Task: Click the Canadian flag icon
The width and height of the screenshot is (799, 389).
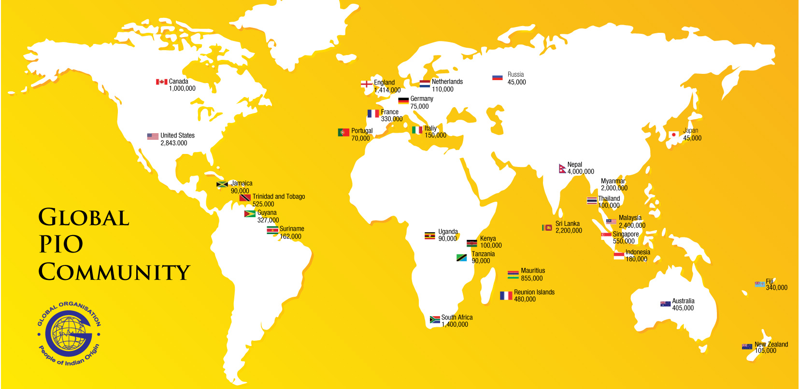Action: tap(161, 82)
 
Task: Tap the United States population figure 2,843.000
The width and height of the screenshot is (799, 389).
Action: tap(174, 143)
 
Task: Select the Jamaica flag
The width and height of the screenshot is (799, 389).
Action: tap(222, 184)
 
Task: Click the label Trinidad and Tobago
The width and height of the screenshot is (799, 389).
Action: tap(279, 196)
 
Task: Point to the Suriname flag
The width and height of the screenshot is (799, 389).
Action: tap(272, 230)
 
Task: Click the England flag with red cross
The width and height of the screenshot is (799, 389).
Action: tap(367, 84)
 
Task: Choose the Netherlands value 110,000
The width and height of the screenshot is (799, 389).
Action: tap(442, 89)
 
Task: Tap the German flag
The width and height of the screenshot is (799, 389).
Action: tap(403, 100)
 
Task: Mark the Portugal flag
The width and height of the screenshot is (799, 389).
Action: tap(343, 132)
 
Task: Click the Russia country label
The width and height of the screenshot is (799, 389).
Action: tap(515, 74)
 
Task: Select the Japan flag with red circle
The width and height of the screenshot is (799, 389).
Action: tap(674, 134)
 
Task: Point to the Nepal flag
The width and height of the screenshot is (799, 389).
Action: tap(562, 168)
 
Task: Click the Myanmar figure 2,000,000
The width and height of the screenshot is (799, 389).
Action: tap(614, 188)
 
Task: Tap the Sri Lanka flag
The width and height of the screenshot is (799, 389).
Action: tap(547, 227)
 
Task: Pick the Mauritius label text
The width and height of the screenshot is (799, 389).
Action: tap(533, 271)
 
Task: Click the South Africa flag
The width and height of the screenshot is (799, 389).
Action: tap(435, 320)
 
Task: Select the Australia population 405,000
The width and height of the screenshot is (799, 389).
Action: tap(683, 308)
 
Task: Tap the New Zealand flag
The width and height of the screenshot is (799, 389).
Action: tap(747, 347)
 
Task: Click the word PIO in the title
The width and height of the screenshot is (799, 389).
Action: tap(61, 244)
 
